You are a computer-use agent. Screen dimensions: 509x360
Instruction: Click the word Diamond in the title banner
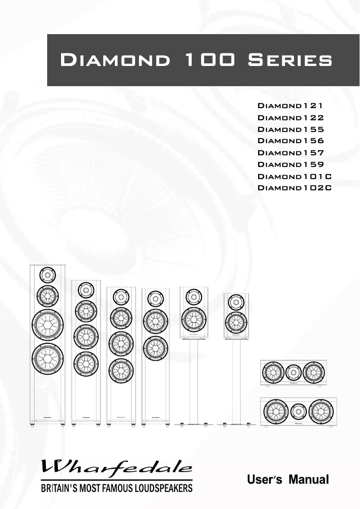click(x=115, y=60)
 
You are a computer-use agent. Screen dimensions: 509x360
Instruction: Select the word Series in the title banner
click(x=290, y=60)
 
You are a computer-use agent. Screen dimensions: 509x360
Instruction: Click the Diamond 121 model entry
click(x=290, y=106)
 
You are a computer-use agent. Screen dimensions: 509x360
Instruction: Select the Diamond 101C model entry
click(x=294, y=176)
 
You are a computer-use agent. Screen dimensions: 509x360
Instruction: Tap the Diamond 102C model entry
click(x=294, y=188)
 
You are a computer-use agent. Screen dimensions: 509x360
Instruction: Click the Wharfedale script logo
click(x=117, y=468)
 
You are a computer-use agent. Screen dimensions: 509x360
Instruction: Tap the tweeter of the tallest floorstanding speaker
click(x=48, y=274)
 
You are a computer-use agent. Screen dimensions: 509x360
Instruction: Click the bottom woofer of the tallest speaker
click(x=48, y=358)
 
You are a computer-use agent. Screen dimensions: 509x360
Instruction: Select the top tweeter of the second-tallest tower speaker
click(x=85, y=290)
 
